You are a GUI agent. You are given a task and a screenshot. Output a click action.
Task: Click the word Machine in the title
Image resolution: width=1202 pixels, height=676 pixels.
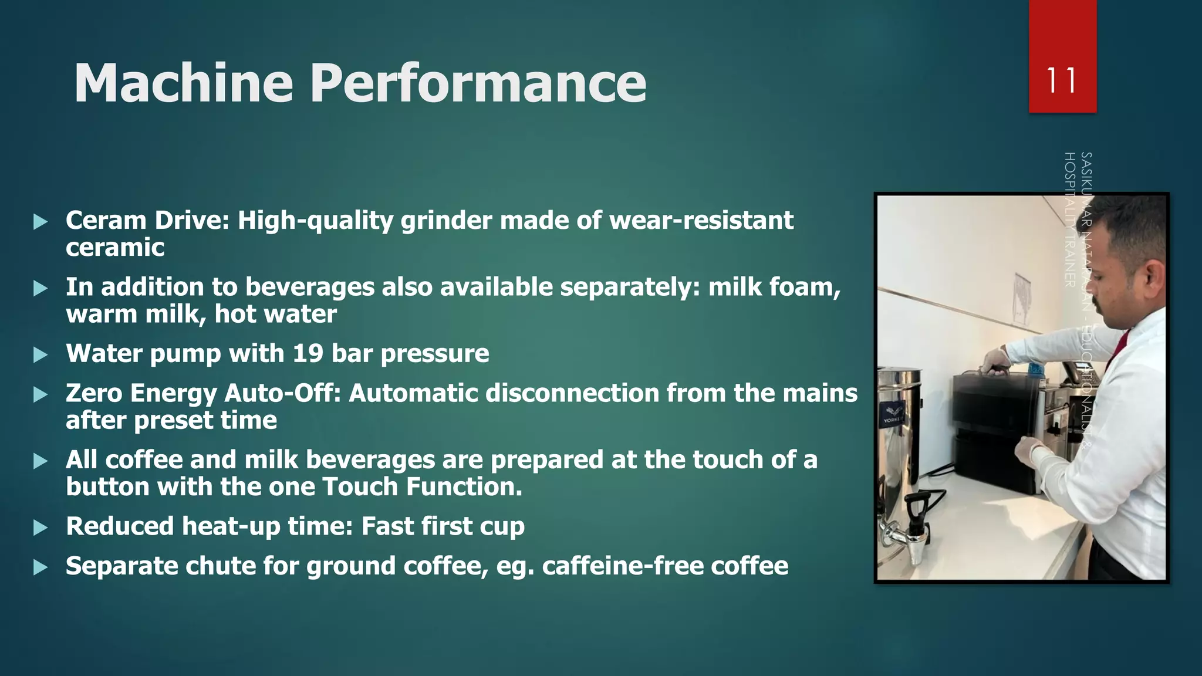(x=183, y=83)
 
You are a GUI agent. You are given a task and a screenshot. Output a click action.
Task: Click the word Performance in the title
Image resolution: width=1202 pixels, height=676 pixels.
(x=478, y=83)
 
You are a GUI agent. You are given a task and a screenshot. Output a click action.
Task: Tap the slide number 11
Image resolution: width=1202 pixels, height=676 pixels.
(x=1062, y=80)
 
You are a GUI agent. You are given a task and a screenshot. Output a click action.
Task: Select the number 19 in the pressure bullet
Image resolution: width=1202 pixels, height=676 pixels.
(x=308, y=354)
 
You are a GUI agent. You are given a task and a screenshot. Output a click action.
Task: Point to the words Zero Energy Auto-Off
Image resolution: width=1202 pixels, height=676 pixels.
(x=203, y=393)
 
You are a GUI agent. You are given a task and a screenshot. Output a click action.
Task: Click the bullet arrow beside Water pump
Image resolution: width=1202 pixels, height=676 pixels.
(x=40, y=355)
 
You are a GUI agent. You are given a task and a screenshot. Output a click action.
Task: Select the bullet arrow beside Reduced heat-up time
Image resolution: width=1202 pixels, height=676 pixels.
(x=40, y=528)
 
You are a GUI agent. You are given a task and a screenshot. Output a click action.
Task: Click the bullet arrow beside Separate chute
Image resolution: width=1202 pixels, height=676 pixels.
(x=40, y=567)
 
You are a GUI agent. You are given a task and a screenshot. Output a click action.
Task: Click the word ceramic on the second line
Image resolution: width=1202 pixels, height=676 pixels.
(x=115, y=248)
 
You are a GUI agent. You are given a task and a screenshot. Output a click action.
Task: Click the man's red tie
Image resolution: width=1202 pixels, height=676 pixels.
(x=1118, y=346)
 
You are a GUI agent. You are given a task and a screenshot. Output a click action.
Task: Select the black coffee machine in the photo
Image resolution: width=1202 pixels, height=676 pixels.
(x=992, y=434)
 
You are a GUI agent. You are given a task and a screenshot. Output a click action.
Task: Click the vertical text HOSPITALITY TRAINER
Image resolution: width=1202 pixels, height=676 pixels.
(x=1070, y=219)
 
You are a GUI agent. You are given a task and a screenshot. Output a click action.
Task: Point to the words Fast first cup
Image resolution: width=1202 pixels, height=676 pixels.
(x=443, y=526)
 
